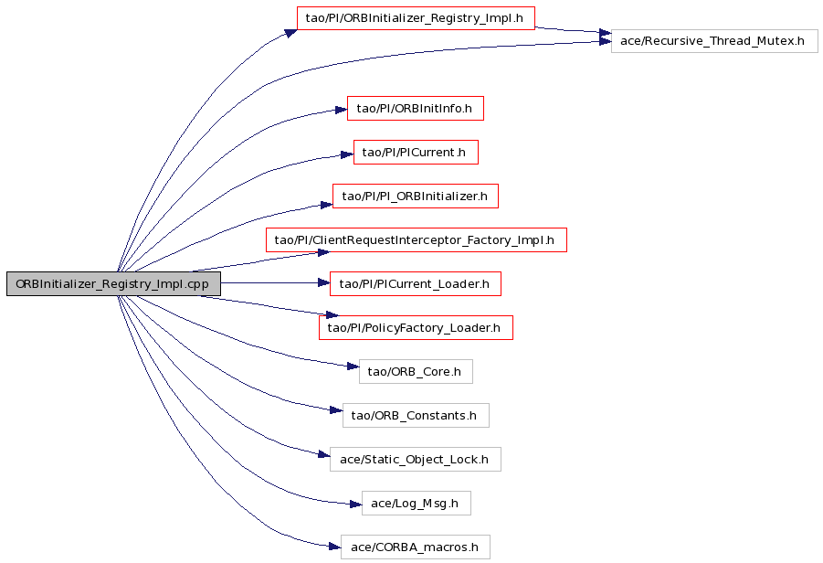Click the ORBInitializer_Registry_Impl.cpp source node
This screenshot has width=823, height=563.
pos(113,283)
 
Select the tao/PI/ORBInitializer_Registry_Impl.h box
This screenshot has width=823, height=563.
pos(416,18)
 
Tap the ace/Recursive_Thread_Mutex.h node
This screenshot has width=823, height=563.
pos(714,41)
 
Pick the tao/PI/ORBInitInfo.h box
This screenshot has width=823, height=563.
pos(416,108)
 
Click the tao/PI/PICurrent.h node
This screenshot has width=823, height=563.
pos(416,153)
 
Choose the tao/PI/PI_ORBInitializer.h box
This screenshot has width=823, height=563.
pos(416,196)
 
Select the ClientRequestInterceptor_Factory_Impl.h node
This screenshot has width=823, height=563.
pos(417,240)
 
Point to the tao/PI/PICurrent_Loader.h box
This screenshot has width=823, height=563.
pos(416,283)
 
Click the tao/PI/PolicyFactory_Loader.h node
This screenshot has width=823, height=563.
pos(416,328)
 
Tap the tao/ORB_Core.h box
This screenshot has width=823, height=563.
pos(416,371)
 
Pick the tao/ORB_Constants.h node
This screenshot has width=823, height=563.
pos(416,416)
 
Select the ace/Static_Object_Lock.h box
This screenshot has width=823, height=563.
pos(416,459)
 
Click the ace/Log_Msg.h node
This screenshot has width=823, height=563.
pos(417,503)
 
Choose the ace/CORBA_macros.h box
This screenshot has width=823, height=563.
pos(416,547)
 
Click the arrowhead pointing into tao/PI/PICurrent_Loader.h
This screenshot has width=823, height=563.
pos(324,283)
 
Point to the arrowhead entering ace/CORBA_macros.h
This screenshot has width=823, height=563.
pos(335,547)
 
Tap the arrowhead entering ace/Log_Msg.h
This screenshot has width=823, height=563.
pos(356,505)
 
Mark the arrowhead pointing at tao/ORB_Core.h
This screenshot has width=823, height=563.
pos(353,366)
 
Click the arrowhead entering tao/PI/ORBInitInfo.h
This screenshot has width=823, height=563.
pos(342,110)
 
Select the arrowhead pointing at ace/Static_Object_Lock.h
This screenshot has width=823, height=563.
pos(324,454)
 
